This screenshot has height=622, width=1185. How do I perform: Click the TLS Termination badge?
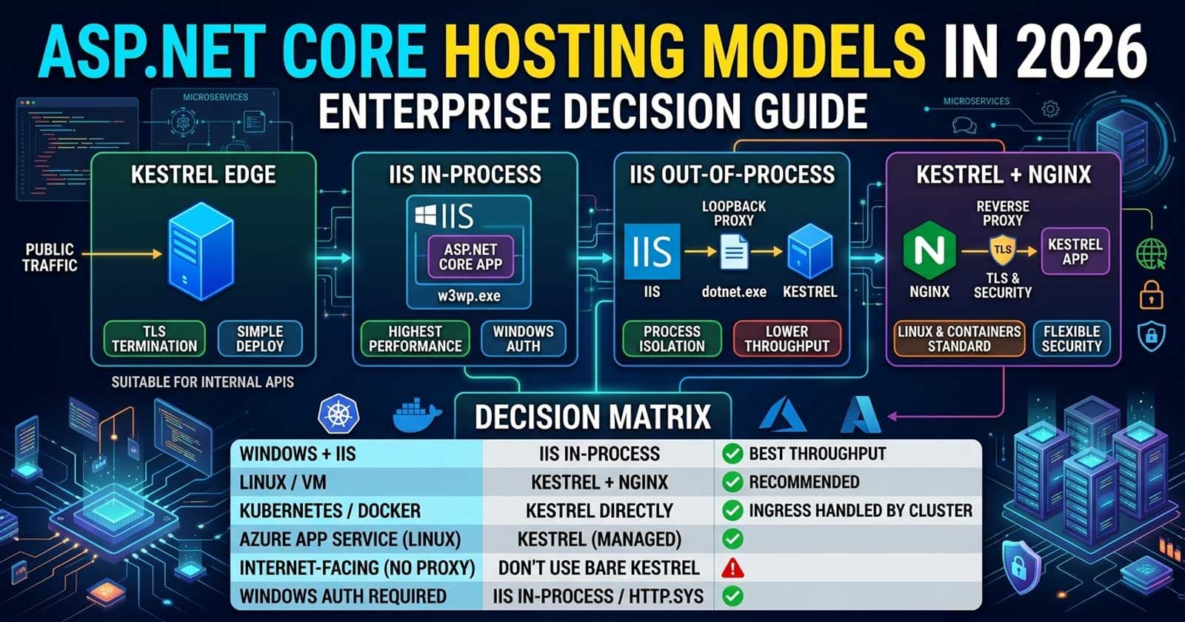[x=154, y=338]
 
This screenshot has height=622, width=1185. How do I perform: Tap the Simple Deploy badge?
[x=260, y=338]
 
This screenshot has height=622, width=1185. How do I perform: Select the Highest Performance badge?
[x=415, y=338]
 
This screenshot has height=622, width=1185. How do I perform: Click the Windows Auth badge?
[x=523, y=338]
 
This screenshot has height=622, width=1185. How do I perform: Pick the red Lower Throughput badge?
[x=787, y=338]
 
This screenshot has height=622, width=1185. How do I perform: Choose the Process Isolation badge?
[x=672, y=338]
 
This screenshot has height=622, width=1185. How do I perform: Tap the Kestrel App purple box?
[x=1075, y=252]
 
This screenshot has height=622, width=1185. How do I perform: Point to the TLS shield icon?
[x=1002, y=250]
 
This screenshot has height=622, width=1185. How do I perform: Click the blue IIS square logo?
[x=652, y=252]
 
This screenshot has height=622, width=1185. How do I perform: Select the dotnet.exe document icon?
[x=733, y=253]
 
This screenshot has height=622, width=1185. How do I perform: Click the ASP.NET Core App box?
[x=470, y=257]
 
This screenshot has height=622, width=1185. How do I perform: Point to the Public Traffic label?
[x=49, y=257]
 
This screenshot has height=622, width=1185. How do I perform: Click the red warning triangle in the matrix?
[x=732, y=568]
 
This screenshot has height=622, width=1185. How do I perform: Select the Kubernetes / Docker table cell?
[x=330, y=511]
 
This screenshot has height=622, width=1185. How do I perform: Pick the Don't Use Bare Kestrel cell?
[x=598, y=568]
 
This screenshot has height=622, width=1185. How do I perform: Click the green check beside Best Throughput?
[x=732, y=454]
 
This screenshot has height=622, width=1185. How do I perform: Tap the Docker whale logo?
[x=416, y=416]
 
